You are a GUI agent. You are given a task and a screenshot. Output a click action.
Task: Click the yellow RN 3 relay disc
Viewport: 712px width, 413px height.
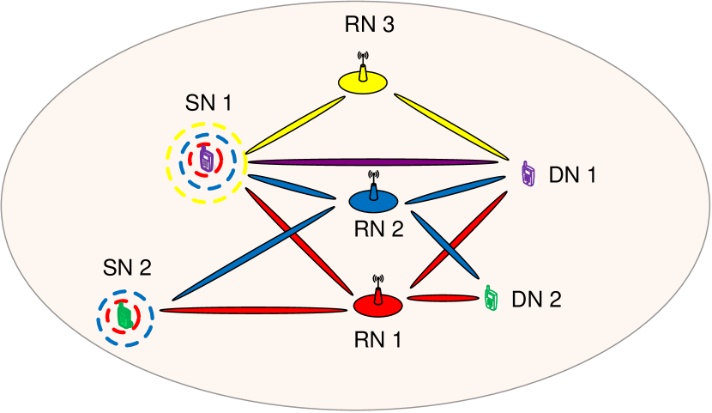click(362, 82)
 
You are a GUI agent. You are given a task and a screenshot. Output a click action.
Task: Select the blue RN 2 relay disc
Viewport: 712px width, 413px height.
click(373, 201)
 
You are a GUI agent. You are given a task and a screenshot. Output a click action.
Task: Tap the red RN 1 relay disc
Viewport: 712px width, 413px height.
click(377, 304)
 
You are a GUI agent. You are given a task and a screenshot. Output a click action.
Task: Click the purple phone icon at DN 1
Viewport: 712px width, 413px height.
click(528, 174)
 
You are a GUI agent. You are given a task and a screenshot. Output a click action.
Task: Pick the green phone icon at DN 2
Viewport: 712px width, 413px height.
click(491, 297)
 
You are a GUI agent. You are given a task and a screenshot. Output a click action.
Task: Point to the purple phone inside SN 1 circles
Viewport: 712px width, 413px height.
click(206, 160)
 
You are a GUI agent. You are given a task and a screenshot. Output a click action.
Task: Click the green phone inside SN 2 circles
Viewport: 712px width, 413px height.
click(125, 315)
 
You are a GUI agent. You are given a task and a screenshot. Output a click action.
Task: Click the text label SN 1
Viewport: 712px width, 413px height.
click(208, 103)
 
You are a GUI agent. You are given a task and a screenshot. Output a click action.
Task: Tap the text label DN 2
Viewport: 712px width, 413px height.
click(536, 300)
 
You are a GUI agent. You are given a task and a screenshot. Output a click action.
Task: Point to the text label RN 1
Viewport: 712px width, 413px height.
click(377, 339)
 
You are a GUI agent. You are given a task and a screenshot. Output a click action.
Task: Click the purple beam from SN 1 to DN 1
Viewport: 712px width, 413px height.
click(373, 161)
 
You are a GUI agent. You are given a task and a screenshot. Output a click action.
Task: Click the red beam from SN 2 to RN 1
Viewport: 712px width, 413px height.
click(255, 310)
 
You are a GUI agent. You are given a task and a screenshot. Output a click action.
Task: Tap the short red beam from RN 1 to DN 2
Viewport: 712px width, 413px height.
click(442, 298)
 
